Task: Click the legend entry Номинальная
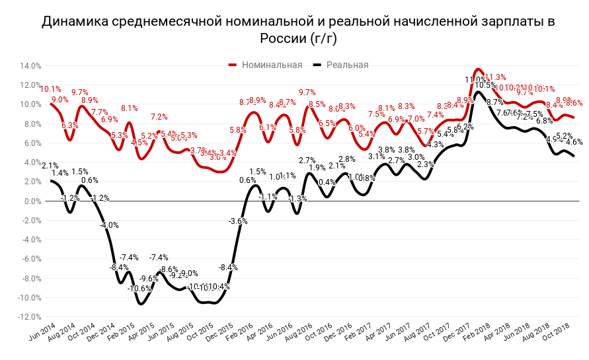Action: (x=272, y=65)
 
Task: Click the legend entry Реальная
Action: (x=347, y=65)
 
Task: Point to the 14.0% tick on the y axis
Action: (x=31, y=66)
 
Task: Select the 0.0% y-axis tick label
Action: (x=33, y=201)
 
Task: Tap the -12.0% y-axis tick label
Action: (x=30, y=317)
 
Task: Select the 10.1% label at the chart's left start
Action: (x=51, y=89)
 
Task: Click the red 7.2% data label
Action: (x=159, y=117)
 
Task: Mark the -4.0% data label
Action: (x=109, y=225)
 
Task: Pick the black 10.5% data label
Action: (x=485, y=85)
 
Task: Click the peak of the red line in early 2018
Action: (x=478, y=69)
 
